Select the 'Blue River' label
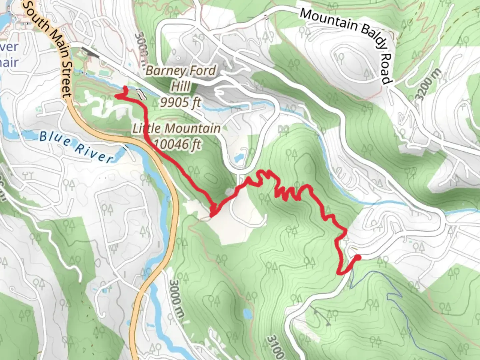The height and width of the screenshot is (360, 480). tap(76, 147)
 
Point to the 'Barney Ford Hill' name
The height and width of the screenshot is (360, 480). tap(181, 79)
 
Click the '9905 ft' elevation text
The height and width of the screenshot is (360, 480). tap(180, 102)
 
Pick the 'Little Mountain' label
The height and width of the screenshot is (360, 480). tap(177, 128)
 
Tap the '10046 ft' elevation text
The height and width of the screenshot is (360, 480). tap(178, 144)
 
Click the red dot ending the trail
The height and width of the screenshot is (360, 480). tap(358, 257)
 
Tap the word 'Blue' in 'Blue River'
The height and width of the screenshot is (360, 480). tap(55, 139)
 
